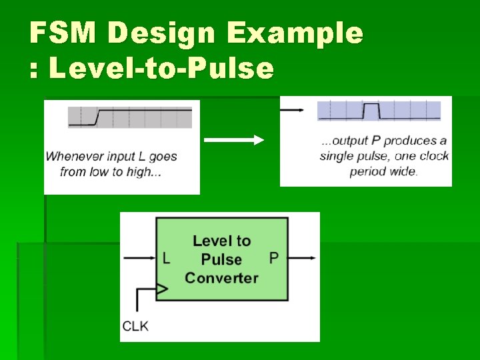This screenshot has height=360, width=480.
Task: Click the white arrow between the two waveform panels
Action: (233, 140)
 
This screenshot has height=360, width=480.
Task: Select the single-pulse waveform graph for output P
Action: (379, 111)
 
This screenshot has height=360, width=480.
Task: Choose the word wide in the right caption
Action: (403, 171)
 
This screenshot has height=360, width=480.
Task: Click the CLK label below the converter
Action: (136, 325)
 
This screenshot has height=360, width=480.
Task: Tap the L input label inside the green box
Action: (166, 258)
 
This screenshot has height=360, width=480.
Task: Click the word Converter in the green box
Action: (221, 277)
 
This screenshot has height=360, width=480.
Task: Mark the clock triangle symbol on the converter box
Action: (161, 289)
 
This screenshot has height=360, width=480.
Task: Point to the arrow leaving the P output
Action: (303, 257)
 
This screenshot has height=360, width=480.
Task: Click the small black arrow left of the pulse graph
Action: (293, 110)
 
